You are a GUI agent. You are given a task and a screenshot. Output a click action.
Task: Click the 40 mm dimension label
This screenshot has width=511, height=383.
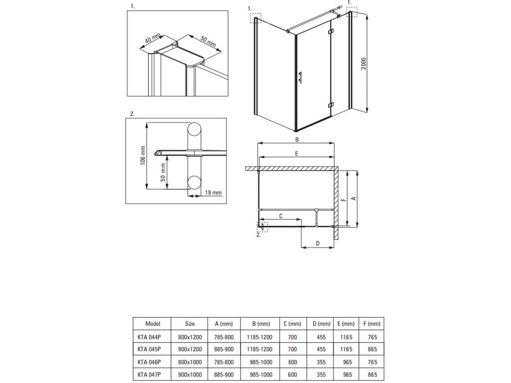tap(153, 38)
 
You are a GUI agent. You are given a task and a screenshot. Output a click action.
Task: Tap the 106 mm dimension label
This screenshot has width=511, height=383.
tap(143, 156)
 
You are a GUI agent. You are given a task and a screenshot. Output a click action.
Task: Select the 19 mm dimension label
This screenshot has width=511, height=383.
tap(213, 192)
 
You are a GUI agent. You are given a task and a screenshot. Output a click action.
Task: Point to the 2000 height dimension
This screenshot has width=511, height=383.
tap(364, 63)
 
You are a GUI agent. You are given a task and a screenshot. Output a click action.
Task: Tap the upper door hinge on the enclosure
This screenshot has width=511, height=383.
tap(331, 31)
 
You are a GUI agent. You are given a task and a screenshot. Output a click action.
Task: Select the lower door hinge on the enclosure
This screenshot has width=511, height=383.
tap(331, 105)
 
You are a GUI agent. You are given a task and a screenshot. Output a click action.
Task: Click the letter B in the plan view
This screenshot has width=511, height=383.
tap(297, 140)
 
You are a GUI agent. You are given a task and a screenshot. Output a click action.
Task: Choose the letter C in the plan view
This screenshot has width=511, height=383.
tap(281, 216)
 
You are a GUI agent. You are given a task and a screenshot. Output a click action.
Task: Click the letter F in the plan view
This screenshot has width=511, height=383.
tap(343, 200)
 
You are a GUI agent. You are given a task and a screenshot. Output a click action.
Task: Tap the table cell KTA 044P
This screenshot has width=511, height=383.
tap(149, 338)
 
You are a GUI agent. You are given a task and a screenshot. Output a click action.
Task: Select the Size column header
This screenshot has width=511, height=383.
tap(190, 324)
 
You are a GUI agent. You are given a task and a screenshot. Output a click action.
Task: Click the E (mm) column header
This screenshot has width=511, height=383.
tap(346, 324)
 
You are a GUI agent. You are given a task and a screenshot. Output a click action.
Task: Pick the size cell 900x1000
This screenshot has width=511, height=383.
tap(190, 375)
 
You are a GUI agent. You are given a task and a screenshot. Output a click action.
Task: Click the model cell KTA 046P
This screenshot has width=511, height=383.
tap(149, 362)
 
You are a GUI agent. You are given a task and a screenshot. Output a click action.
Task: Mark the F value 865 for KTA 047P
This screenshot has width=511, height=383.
tap(372, 375)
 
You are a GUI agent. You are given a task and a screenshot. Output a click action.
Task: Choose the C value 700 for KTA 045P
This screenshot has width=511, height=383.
tap(292, 350)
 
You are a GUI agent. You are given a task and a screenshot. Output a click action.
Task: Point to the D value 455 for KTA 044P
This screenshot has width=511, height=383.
tap(321, 338)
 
